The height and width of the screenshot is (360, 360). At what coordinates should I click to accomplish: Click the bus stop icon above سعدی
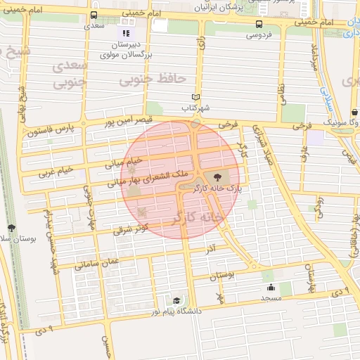(x=94, y=15)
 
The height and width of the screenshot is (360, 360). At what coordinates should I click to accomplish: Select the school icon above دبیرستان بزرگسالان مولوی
(x=126, y=33)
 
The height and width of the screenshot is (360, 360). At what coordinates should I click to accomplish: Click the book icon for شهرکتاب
(x=196, y=97)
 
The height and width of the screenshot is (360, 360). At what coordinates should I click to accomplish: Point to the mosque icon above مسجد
(x=271, y=287)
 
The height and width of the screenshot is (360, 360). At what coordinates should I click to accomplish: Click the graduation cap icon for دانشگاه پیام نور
(x=176, y=300)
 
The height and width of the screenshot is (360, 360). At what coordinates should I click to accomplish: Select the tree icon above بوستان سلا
(x=12, y=228)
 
